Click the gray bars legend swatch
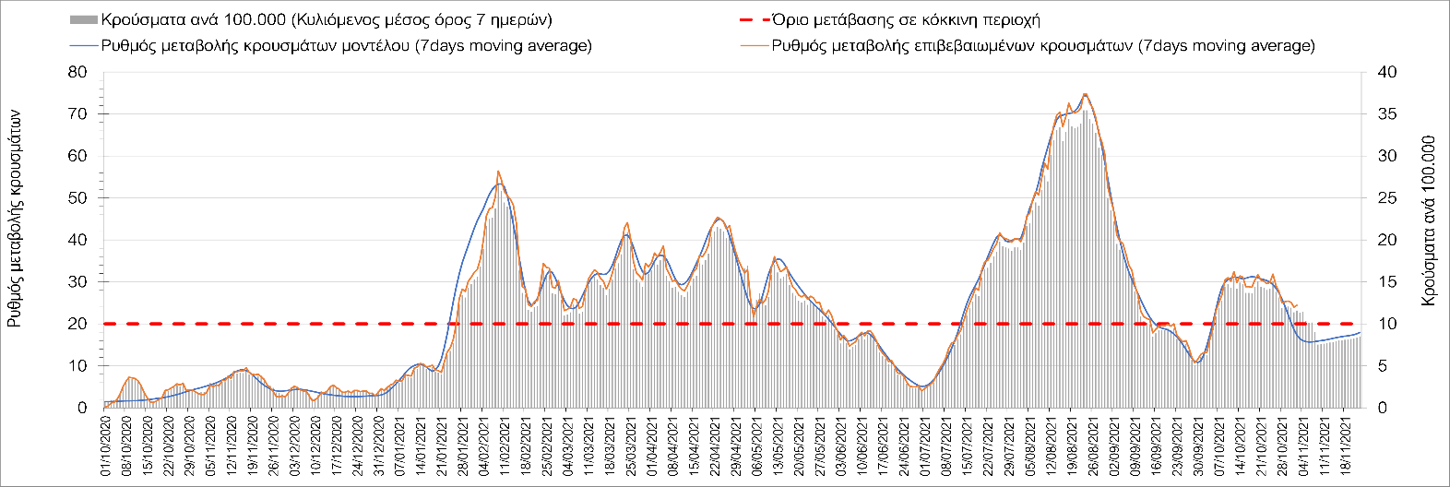pos(82,19)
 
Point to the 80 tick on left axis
pos(77,72)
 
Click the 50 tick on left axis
pos(77,198)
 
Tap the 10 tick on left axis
pos(77,366)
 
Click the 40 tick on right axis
pos(1386,72)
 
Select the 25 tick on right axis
pos(1386,198)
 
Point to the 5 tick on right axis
pos(1382,366)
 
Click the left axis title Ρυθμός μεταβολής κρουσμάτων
pos(16,217)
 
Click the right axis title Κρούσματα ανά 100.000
pos(1429,221)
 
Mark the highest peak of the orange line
pos(1085,93)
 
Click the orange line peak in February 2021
pos(498,172)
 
